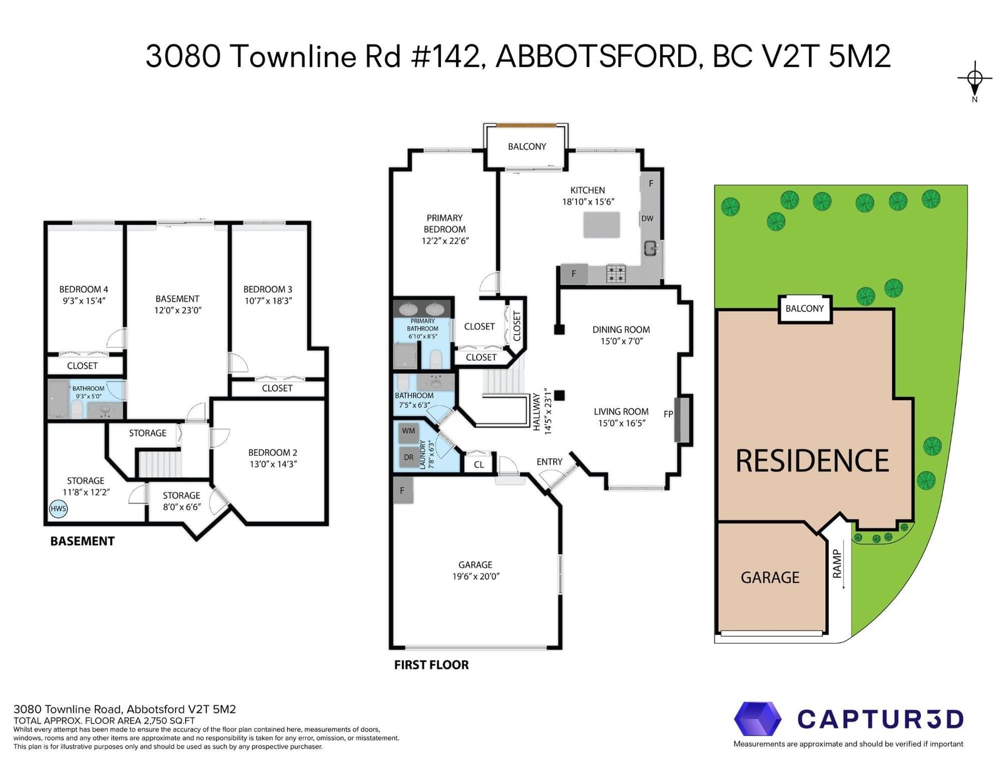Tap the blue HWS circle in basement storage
[x=58, y=508]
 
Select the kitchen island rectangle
[x=601, y=225]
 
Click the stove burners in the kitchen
[x=616, y=273]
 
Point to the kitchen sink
[x=651, y=249]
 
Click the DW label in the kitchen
[x=647, y=219]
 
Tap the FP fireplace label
[x=668, y=415]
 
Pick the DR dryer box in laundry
[x=409, y=457]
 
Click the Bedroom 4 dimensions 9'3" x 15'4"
[x=84, y=301]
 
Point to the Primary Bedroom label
[x=445, y=223]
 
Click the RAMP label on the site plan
[x=837, y=563]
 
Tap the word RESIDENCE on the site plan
[x=812, y=461]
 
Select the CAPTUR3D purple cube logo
[x=757, y=719]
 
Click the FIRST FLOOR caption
[x=431, y=665]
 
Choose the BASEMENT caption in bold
[x=83, y=541]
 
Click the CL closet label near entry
[x=479, y=465]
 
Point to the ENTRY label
[x=549, y=462]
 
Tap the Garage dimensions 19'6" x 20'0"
[x=476, y=576]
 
